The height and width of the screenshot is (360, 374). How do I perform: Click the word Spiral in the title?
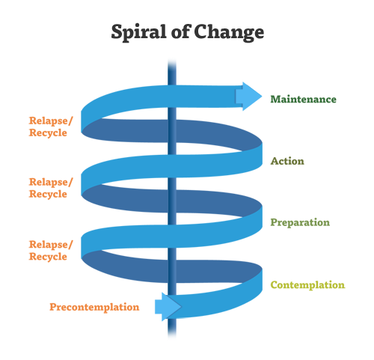138,32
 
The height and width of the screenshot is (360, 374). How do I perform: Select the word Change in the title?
229,32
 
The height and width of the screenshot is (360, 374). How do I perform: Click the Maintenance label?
304,100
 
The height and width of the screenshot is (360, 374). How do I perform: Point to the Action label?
287,161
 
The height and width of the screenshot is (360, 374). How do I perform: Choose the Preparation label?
300,222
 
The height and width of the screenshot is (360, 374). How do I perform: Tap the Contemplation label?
308,285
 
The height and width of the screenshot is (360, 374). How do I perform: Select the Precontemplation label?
94,307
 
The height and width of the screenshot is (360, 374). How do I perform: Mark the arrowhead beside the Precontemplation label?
168,307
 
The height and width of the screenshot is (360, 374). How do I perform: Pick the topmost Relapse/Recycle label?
51,126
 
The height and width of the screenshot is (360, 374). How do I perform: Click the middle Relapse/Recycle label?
51,188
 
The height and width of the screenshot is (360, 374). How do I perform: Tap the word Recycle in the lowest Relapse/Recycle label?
48,257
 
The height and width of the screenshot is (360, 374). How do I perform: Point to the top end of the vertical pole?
172,61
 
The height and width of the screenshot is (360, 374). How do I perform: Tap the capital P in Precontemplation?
53,307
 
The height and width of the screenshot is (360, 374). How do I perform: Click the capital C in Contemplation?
275,284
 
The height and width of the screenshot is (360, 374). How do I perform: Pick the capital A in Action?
275,161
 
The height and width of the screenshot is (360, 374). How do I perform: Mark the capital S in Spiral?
117,31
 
